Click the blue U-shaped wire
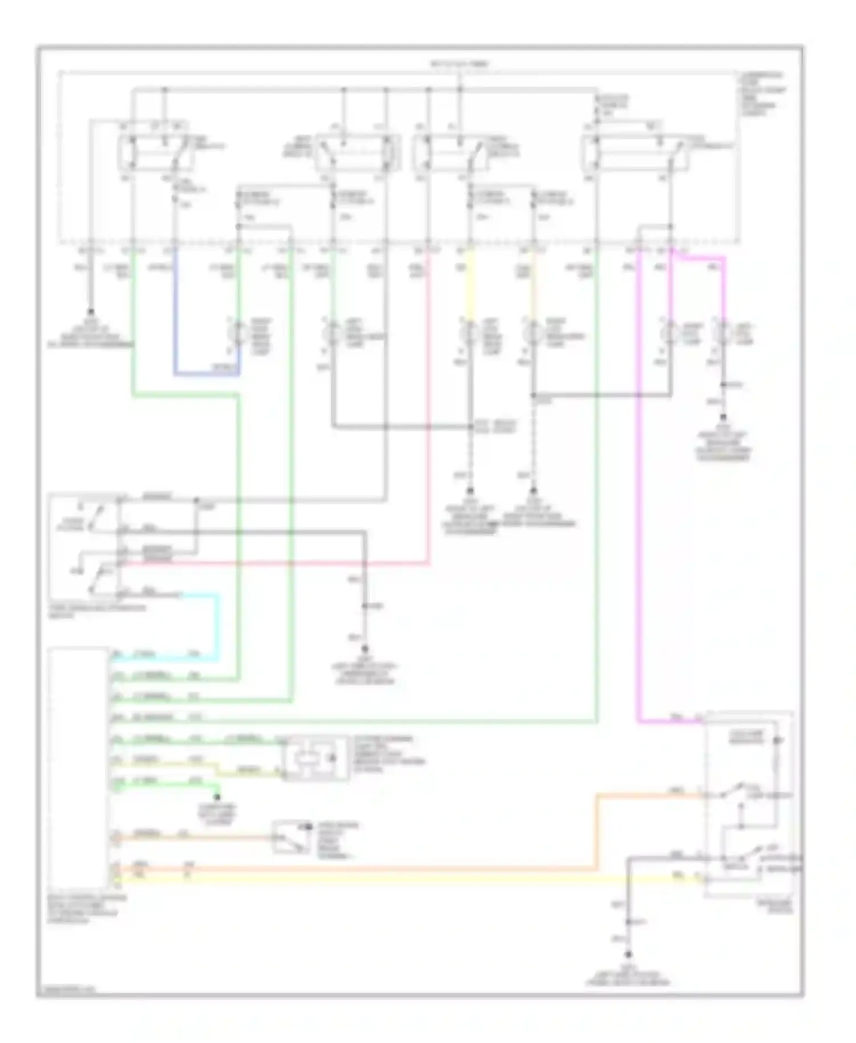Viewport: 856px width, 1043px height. tap(205, 375)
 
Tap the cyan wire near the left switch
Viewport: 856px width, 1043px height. tap(217, 628)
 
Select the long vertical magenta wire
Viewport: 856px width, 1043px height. tap(638, 485)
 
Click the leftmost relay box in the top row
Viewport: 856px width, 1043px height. tap(154, 152)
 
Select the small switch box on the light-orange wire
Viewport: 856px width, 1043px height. tap(291, 836)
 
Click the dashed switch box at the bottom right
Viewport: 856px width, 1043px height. tap(748, 805)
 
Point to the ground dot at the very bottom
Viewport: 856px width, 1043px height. tap(628, 954)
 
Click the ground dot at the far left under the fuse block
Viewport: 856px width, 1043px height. tap(90, 312)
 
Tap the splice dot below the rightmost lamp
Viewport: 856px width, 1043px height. tap(723, 385)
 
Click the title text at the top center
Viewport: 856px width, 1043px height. tap(459, 64)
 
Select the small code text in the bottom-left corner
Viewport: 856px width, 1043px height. tap(66, 989)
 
